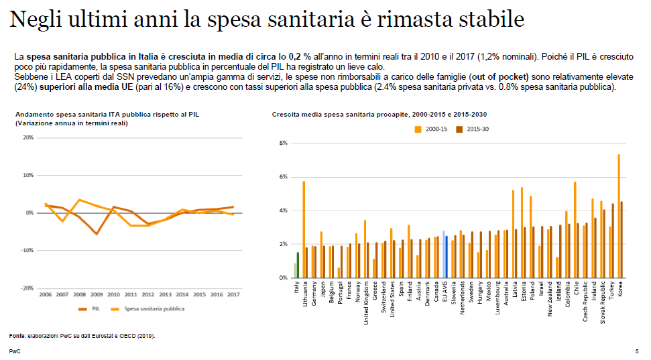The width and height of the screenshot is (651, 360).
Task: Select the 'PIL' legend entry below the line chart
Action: [93, 309]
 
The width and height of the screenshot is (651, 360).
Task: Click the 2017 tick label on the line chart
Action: [233, 294]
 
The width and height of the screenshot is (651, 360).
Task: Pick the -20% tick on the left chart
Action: [27, 288]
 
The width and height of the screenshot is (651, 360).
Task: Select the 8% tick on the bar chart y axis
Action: [283, 143]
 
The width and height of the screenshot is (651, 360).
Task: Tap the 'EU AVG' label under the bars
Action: [445, 294]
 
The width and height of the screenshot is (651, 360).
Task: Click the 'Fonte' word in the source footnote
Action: [16, 335]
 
